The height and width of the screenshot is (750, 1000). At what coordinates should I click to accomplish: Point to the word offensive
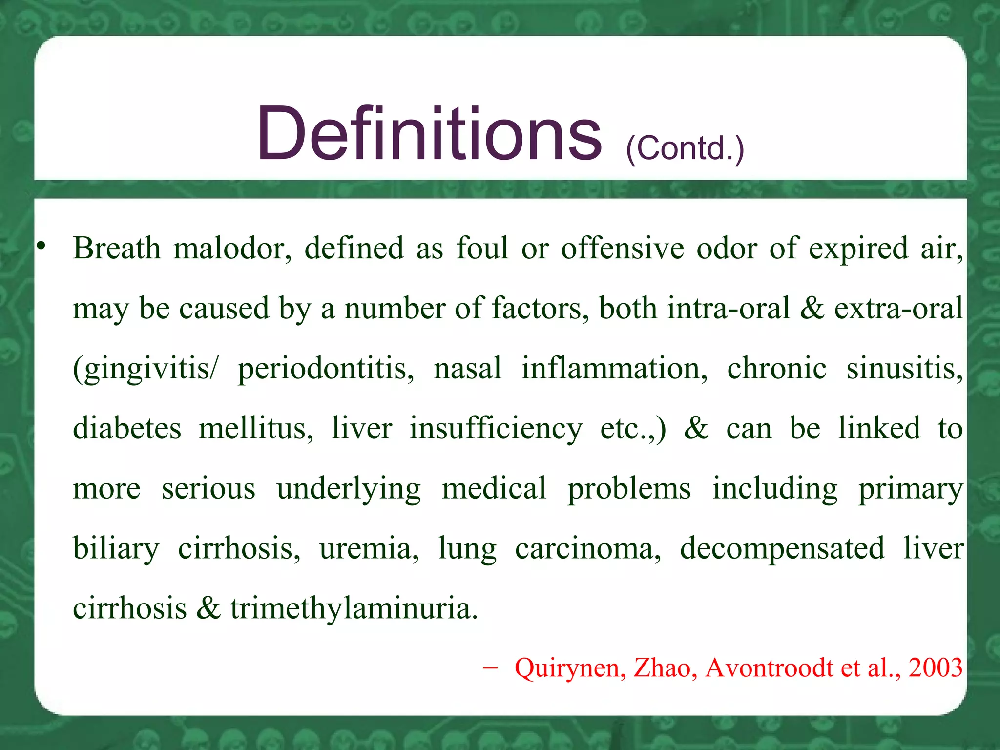(622, 248)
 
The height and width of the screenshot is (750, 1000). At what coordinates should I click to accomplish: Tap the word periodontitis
(326, 369)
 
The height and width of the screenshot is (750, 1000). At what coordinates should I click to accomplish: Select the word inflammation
(614, 368)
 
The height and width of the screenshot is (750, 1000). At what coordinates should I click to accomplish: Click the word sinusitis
(904, 368)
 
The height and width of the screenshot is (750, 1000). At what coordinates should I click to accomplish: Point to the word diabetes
(127, 428)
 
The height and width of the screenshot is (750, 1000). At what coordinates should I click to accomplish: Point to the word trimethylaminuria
(354, 609)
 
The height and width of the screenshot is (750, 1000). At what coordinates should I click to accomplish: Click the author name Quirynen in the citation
(570, 668)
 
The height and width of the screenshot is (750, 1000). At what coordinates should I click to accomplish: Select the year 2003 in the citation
(935, 667)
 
